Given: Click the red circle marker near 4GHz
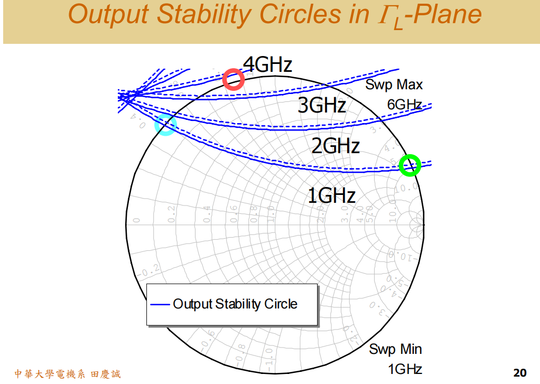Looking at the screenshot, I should (x=233, y=80).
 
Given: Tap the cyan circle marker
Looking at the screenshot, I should (x=165, y=125).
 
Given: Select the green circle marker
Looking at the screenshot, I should (x=409, y=165).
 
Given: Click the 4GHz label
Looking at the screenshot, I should (x=267, y=65).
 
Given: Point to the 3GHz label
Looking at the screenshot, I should (x=322, y=106).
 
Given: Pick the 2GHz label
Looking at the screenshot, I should (x=336, y=145).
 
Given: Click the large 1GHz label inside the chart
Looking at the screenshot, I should (x=331, y=196).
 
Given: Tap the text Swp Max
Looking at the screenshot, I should (x=394, y=85).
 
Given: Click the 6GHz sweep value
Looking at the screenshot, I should (x=405, y=105).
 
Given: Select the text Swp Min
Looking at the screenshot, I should (x=395, y=349).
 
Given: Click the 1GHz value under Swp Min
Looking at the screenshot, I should (x=405, y=368).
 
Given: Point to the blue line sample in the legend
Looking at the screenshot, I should (x=160, y=304).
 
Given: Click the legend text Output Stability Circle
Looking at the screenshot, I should (x=235, y=304).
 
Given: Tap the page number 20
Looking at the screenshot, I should (x=520, y=373).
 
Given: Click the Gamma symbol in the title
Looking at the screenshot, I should (x=383, y=15).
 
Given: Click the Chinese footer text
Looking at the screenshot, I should (x=68, y=374).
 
